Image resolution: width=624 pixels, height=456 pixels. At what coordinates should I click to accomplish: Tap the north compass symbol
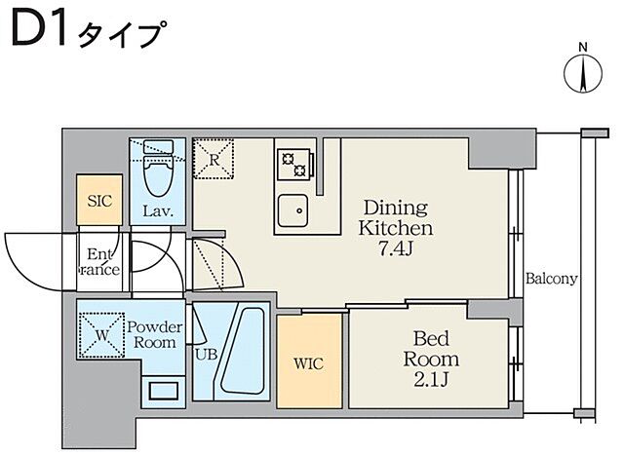point(582,74)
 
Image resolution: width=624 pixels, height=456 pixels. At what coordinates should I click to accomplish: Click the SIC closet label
point(99,202)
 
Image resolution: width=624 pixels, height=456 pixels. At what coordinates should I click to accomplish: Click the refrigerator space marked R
point(214,158)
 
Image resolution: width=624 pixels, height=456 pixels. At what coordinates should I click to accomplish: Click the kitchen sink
point(292,209)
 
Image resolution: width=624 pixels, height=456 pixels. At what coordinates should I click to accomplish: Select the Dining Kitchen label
point(398,217)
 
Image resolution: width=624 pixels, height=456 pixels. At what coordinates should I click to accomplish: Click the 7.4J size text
point(398,248)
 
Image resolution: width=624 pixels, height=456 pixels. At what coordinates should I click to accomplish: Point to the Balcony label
point(552,278)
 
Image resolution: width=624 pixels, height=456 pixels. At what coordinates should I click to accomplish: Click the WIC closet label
point(309,363)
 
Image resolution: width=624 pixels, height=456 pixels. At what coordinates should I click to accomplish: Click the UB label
point(205,355)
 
